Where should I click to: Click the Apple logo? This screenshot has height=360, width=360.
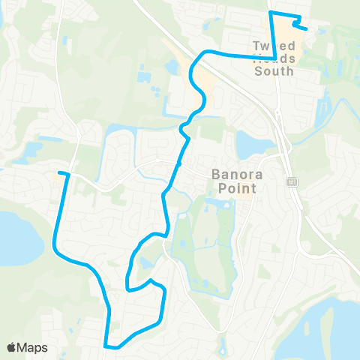(12, 347)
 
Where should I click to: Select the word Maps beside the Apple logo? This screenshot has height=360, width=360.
(33, 347)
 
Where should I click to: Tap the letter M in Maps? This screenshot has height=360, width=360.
(23, 347)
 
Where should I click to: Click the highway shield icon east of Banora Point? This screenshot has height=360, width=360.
(292, 182)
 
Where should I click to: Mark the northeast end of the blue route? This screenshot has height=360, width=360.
(307, 28)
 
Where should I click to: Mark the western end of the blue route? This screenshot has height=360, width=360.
(59, 173)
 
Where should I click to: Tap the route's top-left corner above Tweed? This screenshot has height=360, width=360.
(271, 13)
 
